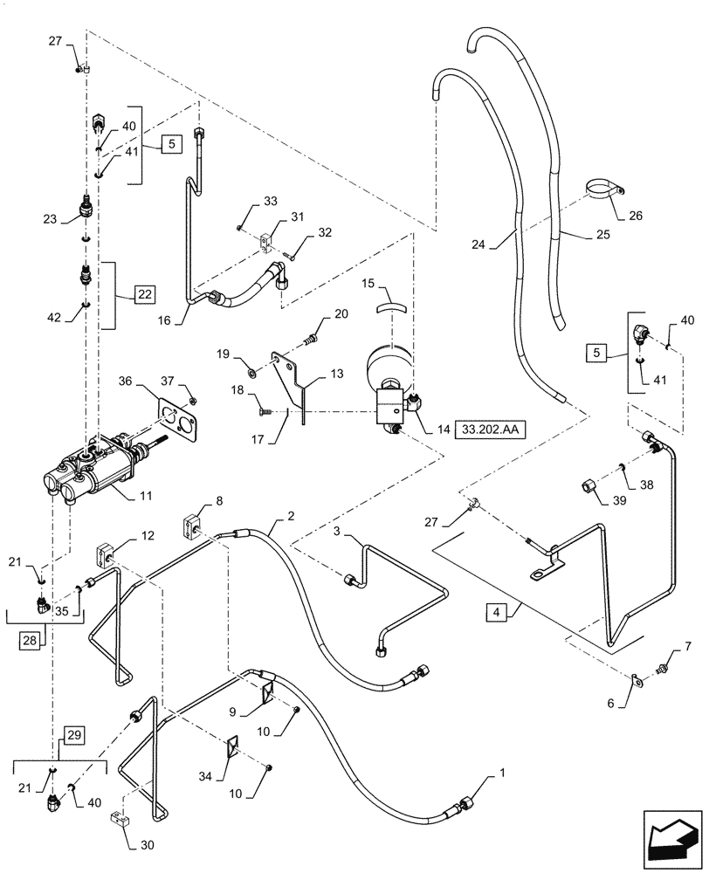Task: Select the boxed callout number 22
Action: (144, 294)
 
